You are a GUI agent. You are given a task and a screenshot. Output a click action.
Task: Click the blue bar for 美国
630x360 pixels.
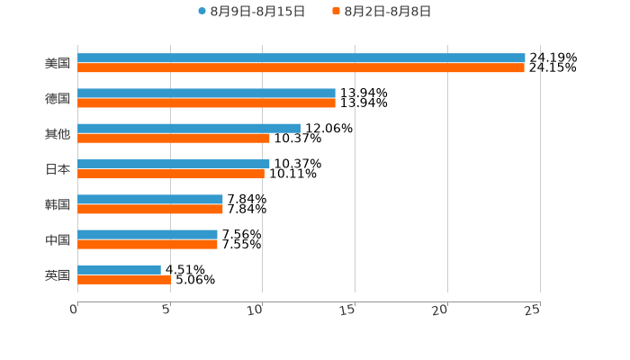point(301,58)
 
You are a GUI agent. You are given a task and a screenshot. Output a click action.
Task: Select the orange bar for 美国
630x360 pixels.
point(301,67)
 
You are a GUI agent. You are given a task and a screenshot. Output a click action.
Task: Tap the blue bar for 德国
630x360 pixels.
point(206,93)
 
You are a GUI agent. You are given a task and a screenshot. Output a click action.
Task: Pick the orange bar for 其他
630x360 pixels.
point(174,138)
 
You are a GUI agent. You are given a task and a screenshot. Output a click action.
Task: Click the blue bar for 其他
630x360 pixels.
point(189,128)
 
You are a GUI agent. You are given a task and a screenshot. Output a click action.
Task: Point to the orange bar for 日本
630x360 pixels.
point(171,174)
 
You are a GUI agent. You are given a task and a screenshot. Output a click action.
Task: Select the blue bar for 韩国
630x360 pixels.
point(150,199)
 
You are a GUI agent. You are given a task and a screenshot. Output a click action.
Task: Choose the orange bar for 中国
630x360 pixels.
point(148,244)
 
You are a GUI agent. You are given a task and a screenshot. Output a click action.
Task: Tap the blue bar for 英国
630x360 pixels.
point(119,269)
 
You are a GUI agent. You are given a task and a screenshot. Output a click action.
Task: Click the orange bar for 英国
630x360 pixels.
point(124,279)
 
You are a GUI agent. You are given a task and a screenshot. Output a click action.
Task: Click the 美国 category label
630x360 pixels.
point(58,63)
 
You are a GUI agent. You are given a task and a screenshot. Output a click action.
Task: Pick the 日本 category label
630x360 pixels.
point(58,168)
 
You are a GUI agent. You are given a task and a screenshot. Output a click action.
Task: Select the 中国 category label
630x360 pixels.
point(58,239)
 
